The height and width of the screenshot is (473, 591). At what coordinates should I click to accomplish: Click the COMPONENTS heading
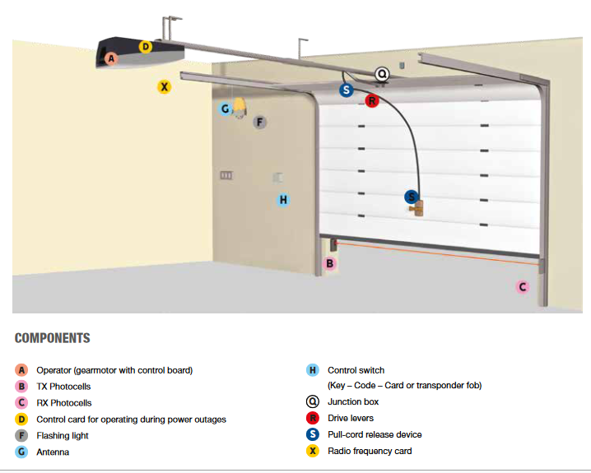coord(53,338)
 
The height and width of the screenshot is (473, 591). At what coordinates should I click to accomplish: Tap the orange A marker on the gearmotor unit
coord(112,58)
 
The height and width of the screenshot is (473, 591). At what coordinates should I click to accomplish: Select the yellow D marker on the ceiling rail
coord(145,47)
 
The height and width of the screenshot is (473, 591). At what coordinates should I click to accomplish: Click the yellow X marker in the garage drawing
coord(164,86)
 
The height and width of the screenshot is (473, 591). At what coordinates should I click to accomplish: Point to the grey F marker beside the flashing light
coord(260,123)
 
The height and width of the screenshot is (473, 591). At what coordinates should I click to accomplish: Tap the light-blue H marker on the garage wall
coord(283,199)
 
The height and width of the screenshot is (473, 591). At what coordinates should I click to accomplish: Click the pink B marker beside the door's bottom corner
coord(329,264)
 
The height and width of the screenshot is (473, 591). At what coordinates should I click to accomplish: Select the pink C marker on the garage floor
coord(522,287)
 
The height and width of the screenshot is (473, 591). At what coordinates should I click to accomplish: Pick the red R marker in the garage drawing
coord(371,101)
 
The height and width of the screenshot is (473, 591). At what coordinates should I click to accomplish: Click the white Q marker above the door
coord(382,74)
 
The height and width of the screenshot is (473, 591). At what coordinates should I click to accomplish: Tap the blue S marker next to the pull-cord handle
coord(411,197)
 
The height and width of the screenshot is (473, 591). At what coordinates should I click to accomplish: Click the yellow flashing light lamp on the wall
coord(240,107)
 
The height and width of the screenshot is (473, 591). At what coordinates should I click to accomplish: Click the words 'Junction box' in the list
coord(353,402)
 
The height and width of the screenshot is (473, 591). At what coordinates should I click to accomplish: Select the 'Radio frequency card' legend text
coord(370,451)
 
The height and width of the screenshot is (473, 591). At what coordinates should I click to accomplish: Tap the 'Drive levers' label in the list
coord(350,419)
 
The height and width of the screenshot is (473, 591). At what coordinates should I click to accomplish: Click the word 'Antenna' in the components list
coord(53,452)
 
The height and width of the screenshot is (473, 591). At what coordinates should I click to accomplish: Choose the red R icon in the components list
coord(312,419)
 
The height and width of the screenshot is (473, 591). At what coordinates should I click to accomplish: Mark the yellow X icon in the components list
coord(312,451)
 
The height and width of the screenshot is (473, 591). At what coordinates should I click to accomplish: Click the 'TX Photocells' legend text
coord(63,387)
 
